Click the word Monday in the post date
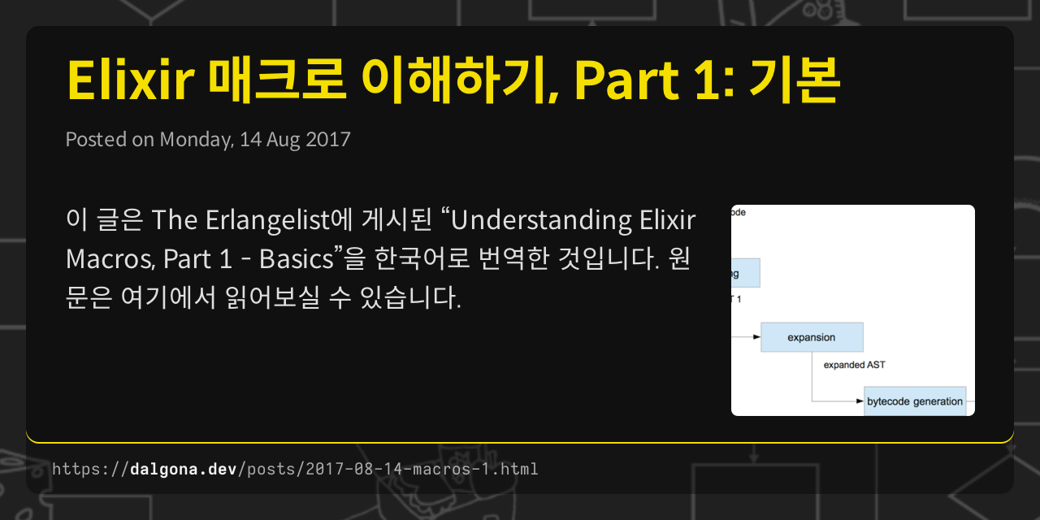(195, 139)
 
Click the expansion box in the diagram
(812, 337)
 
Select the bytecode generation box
(914, 401)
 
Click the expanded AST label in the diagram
(854, 366)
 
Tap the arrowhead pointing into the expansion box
(756, 336)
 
